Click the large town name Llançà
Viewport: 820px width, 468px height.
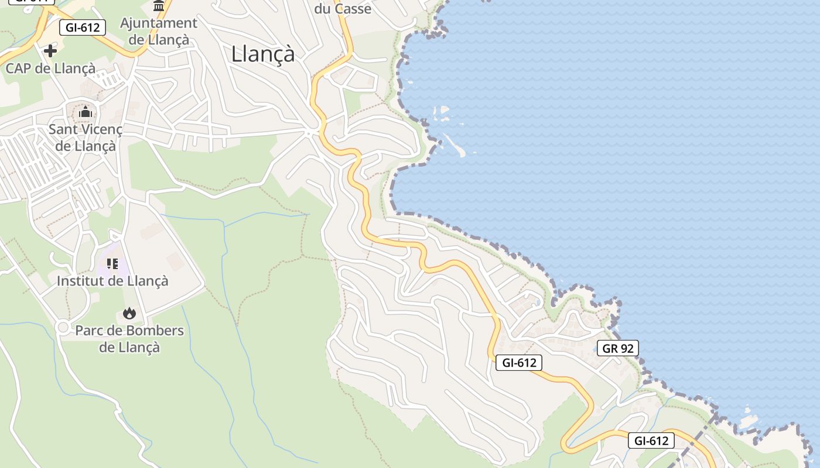pyautogui.click(x=263, y=54)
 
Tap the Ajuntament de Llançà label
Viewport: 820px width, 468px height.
pyautogui.click(x=159, y=32)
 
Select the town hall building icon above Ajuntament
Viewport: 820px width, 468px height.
pyautogui.click(x=159, y=6)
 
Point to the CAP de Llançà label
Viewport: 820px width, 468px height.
pyautogui.click(x=50, y=68)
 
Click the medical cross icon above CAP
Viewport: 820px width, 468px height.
pyautogui.click(x=50, y=51)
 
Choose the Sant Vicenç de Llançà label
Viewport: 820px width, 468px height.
pyautogui.click(x=86, y=137)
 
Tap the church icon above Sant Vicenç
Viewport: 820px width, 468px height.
pyautogui.click(x=86, y=111)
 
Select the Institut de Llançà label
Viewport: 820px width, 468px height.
pyautogui.click(x=112, y=281)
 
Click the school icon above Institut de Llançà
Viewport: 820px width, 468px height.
pyautogui.click(x=112, y=264)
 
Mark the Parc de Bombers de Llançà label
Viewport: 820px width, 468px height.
pyautogui.click(x=129, y=339)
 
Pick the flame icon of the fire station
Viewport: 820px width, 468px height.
pyautogui.click(x=129, y=314)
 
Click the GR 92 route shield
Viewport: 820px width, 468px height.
pyautogui.click(x=618, y=349)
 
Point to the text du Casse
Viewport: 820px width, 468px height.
pyautogui.click(x=343, y=9)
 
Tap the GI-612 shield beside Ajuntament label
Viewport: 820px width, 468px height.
pyautogui.click(x=83, y=27)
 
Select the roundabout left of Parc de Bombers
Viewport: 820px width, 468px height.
pyautogui.click(x=63, y=327)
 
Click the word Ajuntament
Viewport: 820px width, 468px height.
pyautogui.click(x=159, y=23)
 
